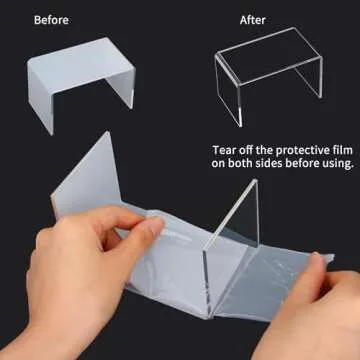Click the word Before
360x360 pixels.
51,20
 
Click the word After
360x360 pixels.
252,20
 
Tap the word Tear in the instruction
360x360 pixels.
224,150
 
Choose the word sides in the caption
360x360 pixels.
269,163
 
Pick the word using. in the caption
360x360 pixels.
335,164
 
